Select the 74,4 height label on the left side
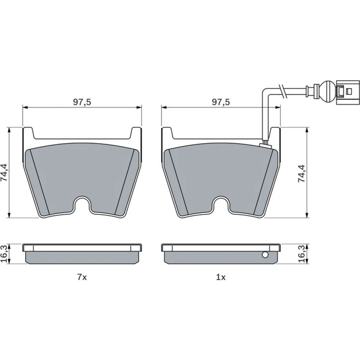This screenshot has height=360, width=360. [x=4, y=172]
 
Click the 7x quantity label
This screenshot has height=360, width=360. [x=82, y=277]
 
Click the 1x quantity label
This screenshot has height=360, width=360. [x=221, y=277]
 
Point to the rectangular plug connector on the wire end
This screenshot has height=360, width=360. [x=348, y=92]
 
